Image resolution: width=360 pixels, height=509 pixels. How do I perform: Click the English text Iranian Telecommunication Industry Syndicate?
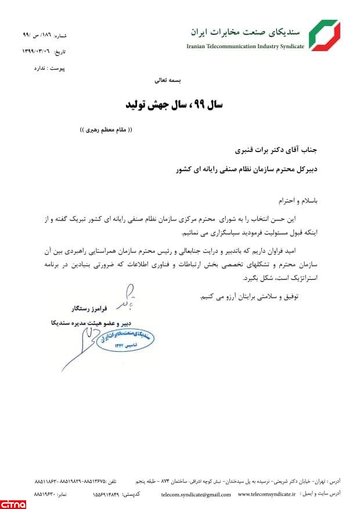(x=245, y=46)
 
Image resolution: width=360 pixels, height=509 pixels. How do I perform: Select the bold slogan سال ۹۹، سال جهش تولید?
(x=179, y=105)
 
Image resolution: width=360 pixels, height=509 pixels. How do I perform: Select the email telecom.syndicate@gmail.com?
(x=196, y=494)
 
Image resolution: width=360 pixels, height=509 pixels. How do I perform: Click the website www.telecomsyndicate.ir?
(x=267, y=494)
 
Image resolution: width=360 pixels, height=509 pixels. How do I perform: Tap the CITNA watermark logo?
(x=13, y=502)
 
